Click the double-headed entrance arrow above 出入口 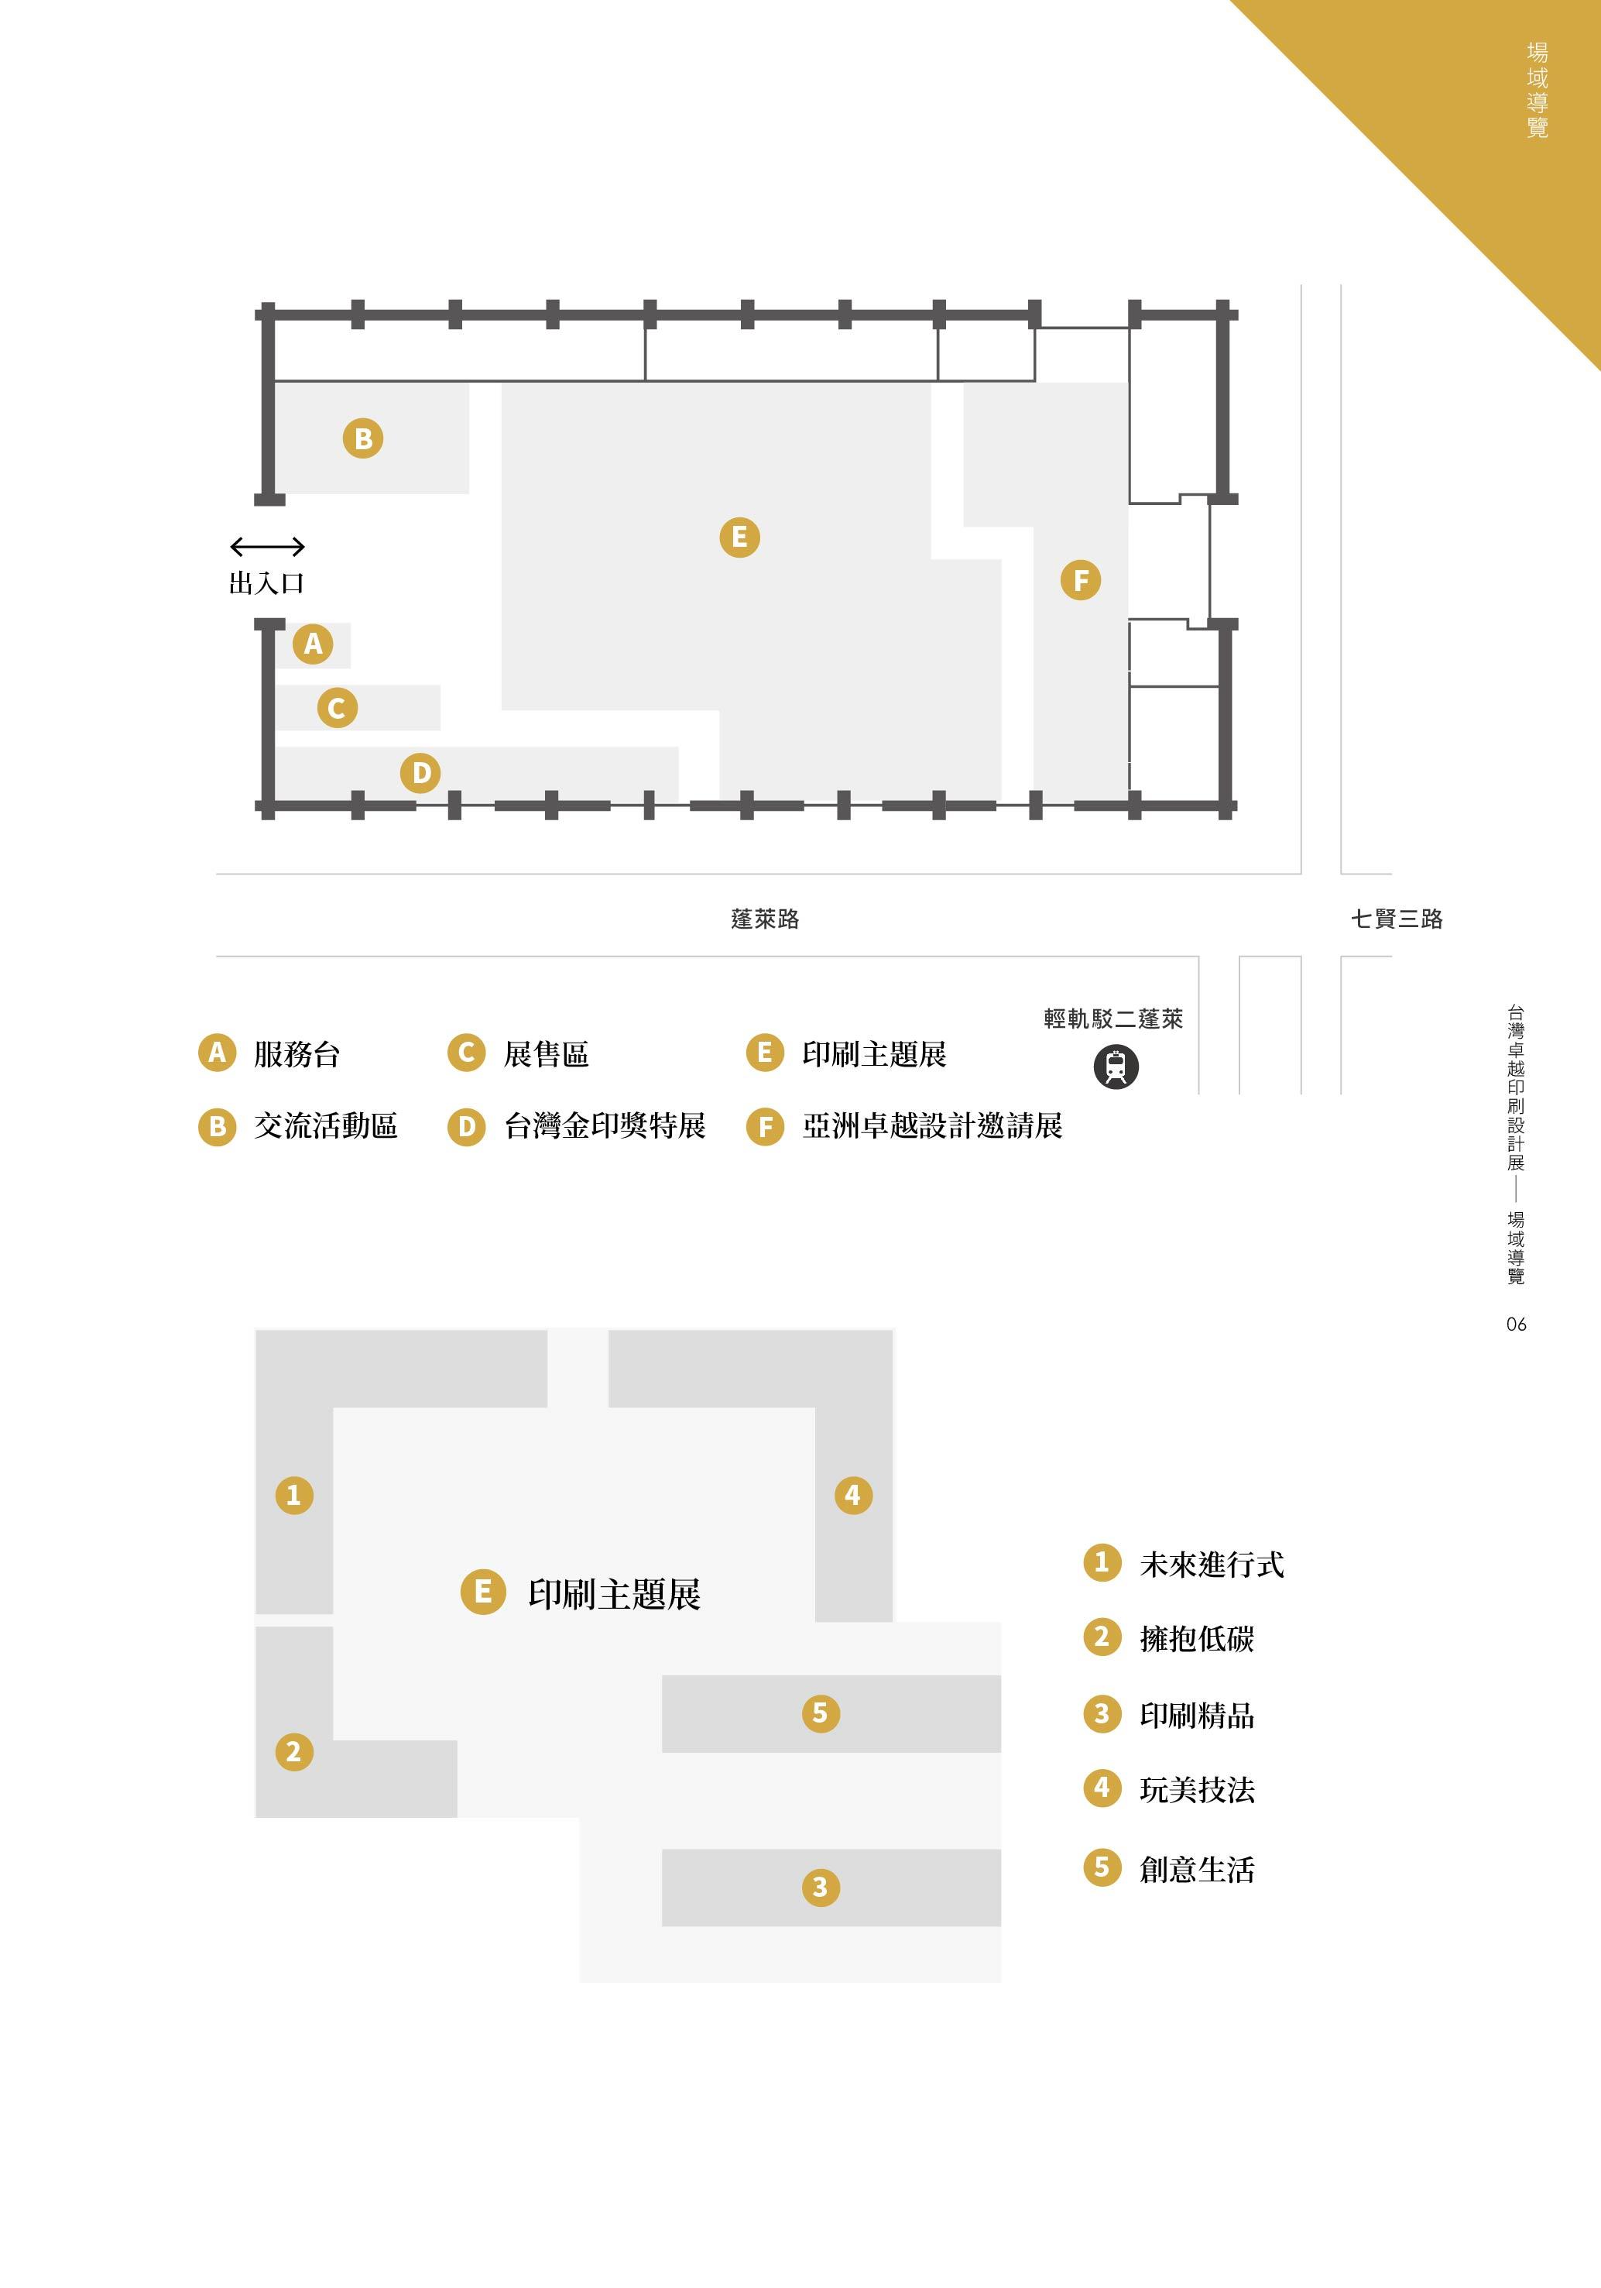coord(267,546)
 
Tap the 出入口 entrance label coord(266,583)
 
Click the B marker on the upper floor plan coord(362,438)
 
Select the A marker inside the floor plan coord(313,644)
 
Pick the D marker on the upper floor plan coord(420,772)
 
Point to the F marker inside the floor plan coord(1080,580)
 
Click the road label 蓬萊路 coord(765,919)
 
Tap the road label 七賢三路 coord(1396,919)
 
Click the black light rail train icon coord(1116,1067)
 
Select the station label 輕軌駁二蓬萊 coord(1112,1019)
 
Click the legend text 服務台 coord(297,1054)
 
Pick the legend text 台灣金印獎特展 coord(605,1126)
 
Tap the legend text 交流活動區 coord(326,1126)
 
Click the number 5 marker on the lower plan coord(820,1713)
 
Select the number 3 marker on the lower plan coord(820,1887)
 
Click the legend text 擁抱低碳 coord(1197,1639)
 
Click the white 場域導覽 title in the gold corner coord(1538,90)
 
